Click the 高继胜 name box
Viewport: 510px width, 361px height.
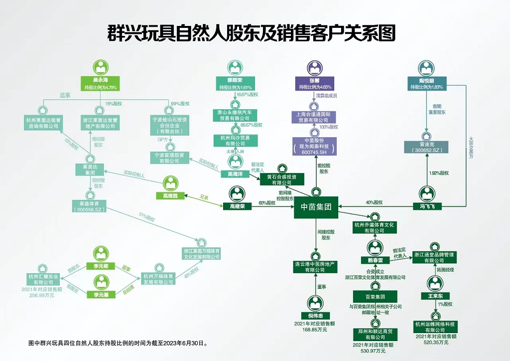tap(170, 195)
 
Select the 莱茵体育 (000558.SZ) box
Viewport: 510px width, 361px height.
tap(90, 206)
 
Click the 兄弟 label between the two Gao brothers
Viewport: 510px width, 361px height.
tap(204, 198)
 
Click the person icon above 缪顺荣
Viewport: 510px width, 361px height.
tap(235, 67)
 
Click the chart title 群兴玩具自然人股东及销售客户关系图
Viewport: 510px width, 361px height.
tap(252, 33)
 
